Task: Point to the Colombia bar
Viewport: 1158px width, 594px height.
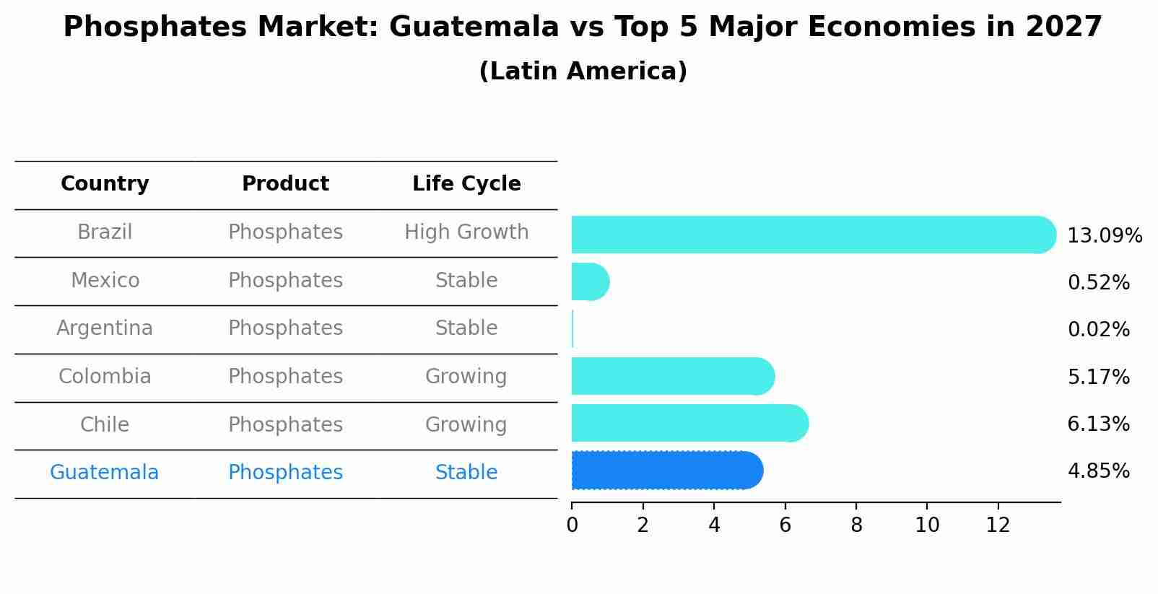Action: [x=672, y=376]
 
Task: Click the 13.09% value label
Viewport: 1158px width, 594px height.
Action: [x=1104, y=236]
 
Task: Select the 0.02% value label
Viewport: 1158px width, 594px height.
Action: [x=1098, y=330]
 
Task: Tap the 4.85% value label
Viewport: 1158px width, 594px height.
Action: [x=1098, y=471]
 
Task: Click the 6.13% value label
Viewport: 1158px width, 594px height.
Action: [x=1098, y=424]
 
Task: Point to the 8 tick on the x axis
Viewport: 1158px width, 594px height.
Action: [x=856, y=525]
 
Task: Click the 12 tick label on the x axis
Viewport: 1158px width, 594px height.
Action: [x=998, y=525]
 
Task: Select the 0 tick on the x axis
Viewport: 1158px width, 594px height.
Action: [x=572, y=525]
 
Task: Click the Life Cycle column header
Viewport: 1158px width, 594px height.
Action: [x=466, y=184]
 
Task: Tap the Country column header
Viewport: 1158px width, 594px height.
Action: [x=105, y=184]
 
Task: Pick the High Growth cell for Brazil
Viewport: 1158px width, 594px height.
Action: [x=466, y=232]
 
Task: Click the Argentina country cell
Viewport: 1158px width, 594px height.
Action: [x=105, y=328]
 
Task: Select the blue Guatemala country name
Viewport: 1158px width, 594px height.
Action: [x=105, y=473]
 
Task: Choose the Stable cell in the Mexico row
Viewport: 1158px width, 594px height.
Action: [x=466, y=281]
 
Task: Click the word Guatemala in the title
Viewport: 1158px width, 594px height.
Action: [x=474, y=27]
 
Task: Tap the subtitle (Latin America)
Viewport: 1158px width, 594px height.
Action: [x=583, y=71]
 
